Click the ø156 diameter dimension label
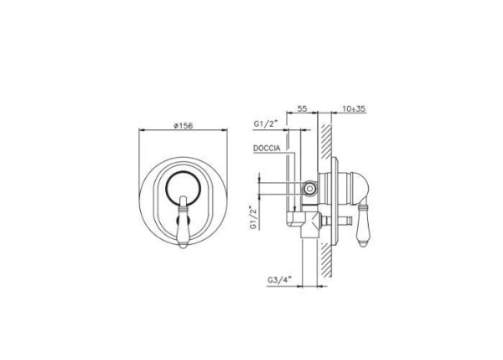coord(184,126)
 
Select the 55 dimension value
coord(302,108)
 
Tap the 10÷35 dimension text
coord(354,108)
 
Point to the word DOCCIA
coord(267,149)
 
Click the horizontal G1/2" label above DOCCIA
coord(265,123)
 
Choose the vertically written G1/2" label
coord(254,217)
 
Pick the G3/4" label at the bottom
coord(279,280)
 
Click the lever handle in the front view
coord(183,222)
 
